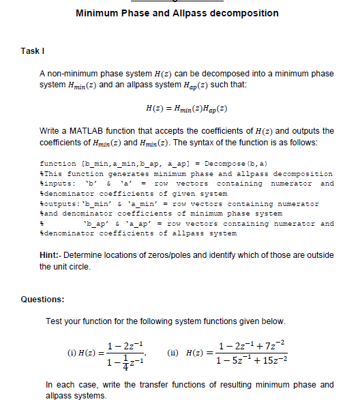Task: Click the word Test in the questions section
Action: (x=52, y=321)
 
